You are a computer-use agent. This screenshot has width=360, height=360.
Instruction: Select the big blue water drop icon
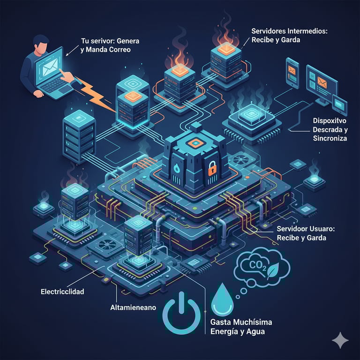tap(222, 300)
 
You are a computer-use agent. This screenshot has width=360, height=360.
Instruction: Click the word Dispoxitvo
tap(329, 120)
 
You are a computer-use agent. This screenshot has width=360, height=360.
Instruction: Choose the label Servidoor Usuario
tap(305, 229)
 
